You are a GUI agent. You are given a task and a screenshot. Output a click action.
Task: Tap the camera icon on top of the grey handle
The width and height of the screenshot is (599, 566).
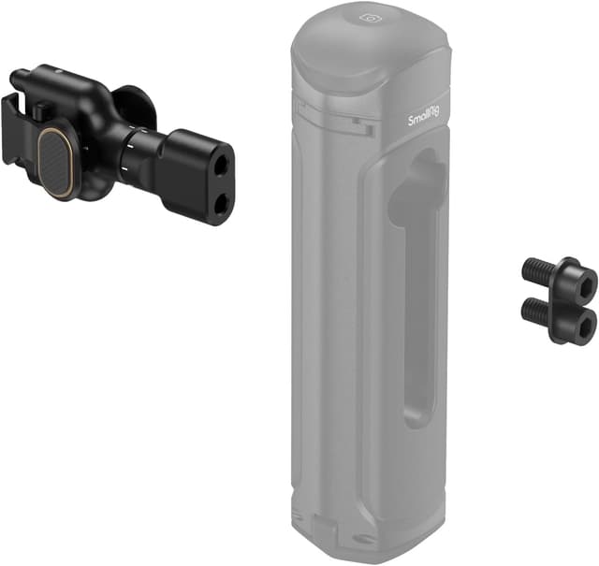click(372, 17)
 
